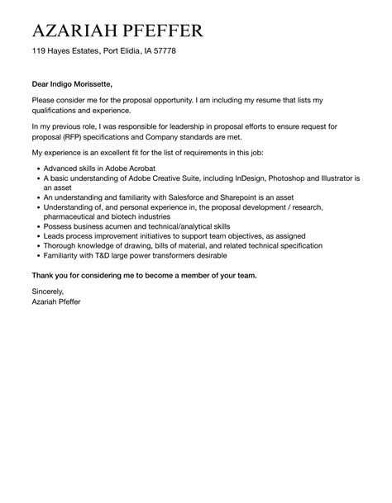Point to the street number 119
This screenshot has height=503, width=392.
pyautogui.click(x=40, y=51)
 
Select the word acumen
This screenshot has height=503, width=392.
pyautogui.click(x=112, y=225)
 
